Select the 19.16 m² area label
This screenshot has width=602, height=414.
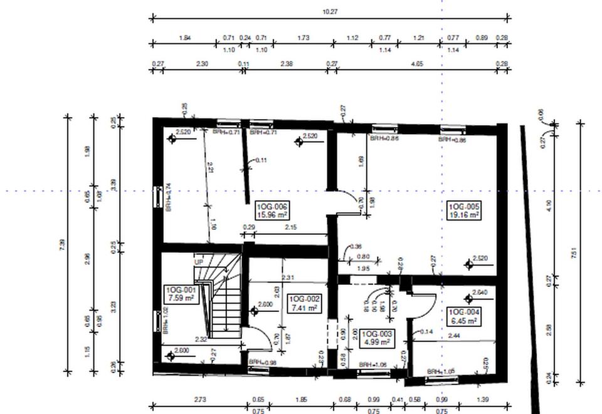click(463, 215)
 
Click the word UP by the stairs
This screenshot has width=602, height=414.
click(199, 261)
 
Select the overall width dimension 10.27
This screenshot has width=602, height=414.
click(330, 12)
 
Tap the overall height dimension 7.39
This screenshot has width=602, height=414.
click(61, 245)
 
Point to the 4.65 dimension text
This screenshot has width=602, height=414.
click(416, 64)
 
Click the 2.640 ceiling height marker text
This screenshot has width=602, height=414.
click(480, 292)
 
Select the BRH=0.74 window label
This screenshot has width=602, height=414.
click(168, 197)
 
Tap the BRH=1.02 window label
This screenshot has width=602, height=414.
click(166, 320)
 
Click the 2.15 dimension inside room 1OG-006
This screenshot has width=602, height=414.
click(290, 227)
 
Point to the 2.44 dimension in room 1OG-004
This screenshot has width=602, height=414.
click(455, 336)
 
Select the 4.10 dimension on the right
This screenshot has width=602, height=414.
click(550, 204)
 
